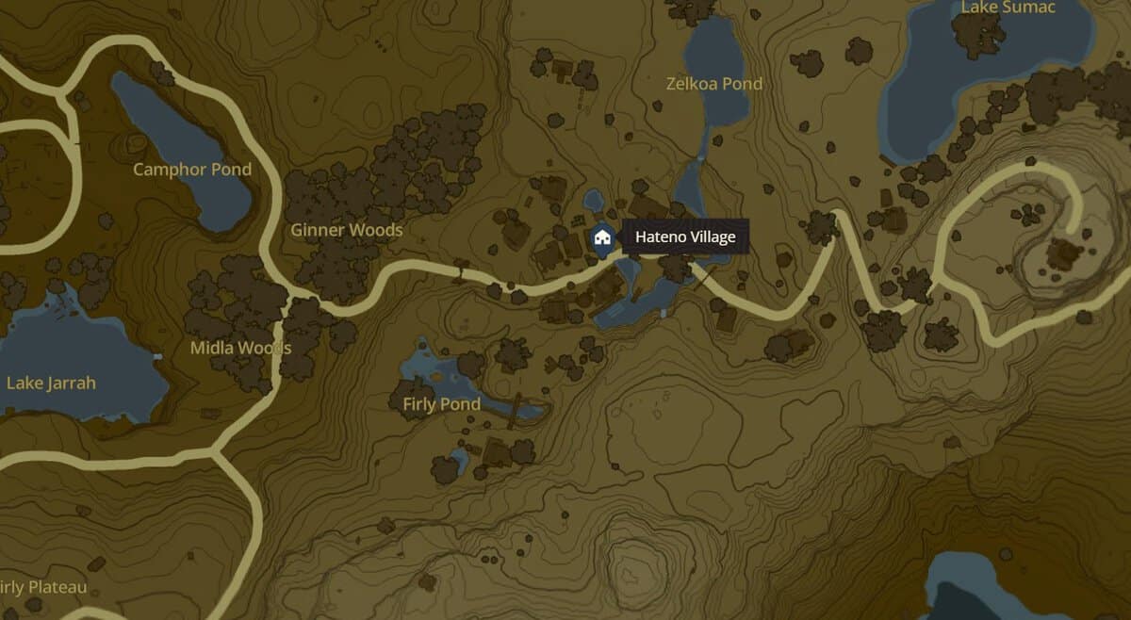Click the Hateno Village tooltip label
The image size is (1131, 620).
(684, 237)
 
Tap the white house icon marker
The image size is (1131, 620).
(601, 237)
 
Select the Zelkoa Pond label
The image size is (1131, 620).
(713, 84)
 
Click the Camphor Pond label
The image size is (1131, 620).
(192, 170)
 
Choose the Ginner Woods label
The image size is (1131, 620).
(346, 230)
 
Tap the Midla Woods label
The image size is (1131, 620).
(240, 348)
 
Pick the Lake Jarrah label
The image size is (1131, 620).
(51, 383)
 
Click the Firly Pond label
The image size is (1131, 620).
(441, 404)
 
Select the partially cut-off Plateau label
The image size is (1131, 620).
(43, 587)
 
